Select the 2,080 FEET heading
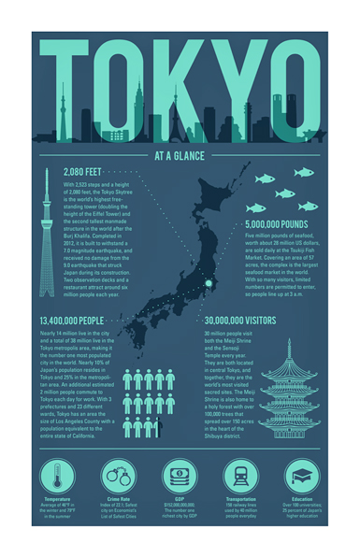pos(82,173)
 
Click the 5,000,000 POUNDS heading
pos(276,224)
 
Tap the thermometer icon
pos(57,475)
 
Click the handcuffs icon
pos(119,475)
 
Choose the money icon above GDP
pos(180,475)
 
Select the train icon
pos(241,475)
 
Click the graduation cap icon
pos(302,475)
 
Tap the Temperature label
pos(57,500)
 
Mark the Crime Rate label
pos(119,500)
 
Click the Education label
pos(302,500)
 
